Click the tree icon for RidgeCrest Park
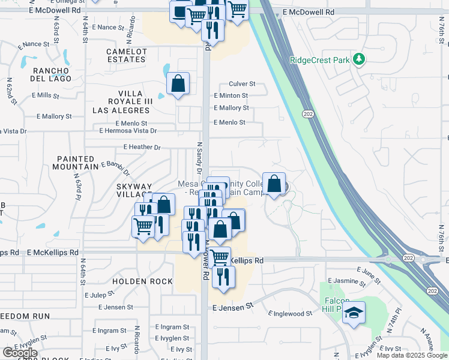tap(360, 59)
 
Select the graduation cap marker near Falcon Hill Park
tap(354, 313)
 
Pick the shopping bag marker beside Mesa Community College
tap(274, 185)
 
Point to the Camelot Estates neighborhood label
tap(127, 56)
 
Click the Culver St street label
tap(242, 84)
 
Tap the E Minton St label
tap(231, 95)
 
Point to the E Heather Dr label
tap(142, 147)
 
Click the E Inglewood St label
tap(291, 313)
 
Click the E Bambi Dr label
tap(115, 164)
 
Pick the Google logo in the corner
tap(20, 352)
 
